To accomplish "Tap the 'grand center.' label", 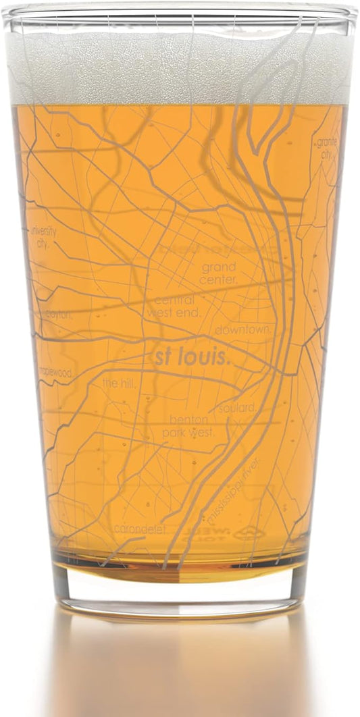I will (x=218, y=273).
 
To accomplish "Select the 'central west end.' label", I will (x=178, y=306).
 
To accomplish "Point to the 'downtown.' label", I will (x=244, y=330).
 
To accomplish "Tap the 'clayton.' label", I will (x=59, y=313).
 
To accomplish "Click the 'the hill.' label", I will (x=119, y=383).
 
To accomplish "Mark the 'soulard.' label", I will (x=237, y=408).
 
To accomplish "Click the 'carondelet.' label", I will (x=139, y=529).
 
